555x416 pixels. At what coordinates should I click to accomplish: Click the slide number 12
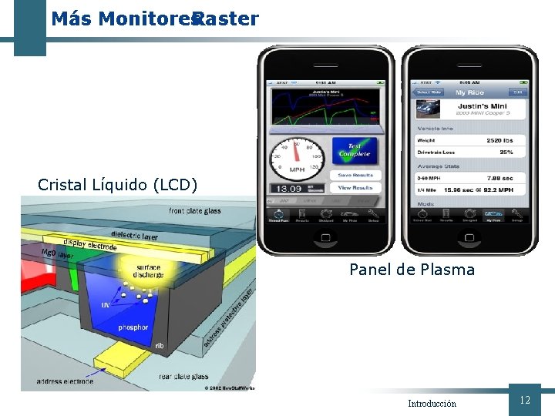(x=525, y=400)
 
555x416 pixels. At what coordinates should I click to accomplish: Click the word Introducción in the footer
(x=432, y=404)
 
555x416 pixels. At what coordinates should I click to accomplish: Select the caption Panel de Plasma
(x=412, y=270)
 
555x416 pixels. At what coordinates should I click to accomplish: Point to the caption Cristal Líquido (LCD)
(x=117, y=185)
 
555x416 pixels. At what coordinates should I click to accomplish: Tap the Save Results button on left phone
(x=355, y=175)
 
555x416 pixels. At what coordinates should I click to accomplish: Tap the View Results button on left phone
(x=355, y=187)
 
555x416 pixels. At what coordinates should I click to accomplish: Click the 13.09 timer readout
(x=287, y=188)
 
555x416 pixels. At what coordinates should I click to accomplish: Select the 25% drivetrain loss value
(x=506, y=152)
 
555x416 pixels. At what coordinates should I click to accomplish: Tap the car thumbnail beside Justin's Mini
(x=428, y=109)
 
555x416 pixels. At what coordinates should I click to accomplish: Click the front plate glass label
(x=194, y=211)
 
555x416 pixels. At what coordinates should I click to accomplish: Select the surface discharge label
(x=149, y=270)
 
